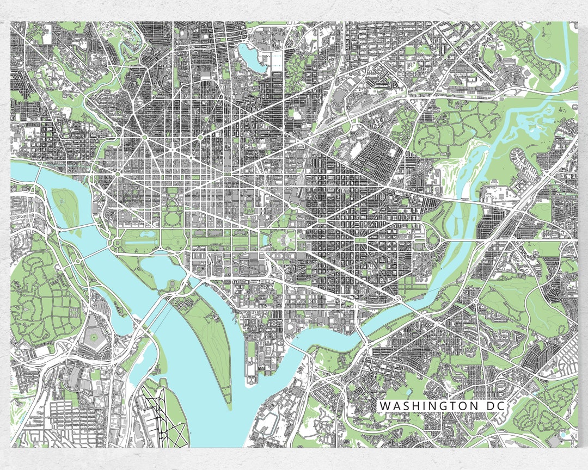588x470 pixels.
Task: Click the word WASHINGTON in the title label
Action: coord(424,406)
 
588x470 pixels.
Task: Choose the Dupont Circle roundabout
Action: coord(145,138)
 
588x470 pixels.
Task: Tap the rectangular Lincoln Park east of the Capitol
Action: coord(361,238)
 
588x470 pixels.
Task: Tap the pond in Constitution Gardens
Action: coord(147,233)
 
